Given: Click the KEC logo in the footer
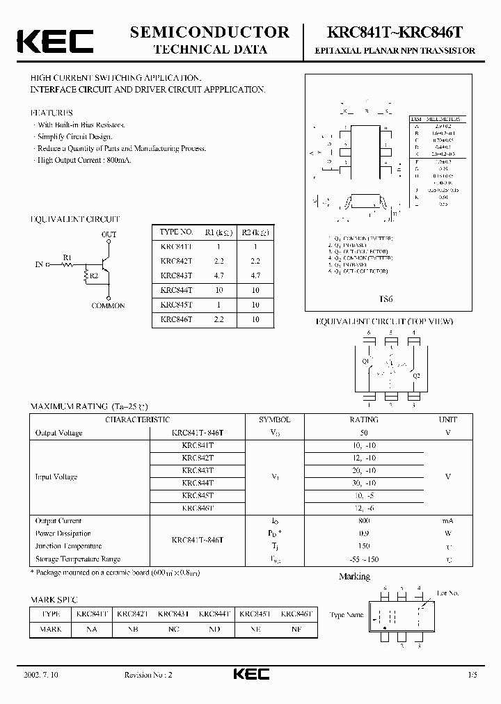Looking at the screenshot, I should pyautogui.click(x=250, y=674).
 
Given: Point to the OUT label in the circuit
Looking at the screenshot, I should pyautogui.click(x=109, y=235).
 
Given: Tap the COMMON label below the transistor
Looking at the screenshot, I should pyautogui.click(x=108, y=305).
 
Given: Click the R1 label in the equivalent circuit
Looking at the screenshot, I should pyautogui.click(x=67, y=257).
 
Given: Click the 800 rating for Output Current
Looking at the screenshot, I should pyautogui.click(x=364, y=521).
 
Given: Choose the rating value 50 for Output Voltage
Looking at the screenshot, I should pyautogui.click(x=364, y=433).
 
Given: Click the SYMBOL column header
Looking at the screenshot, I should pyautogui.click(x=274, y=420).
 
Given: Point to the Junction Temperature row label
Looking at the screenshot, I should pyautogui.click(x=68, y=546).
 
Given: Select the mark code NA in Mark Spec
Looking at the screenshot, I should pyautogui.click(x=92, y=629).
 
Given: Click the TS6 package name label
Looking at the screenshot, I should pyautogui.click(x=386, y=298).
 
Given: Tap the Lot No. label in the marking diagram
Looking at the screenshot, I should pyautogui.click(x=447, y=593).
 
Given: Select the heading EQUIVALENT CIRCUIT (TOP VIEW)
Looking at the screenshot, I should pyautogui.click(x=384, y=321).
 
